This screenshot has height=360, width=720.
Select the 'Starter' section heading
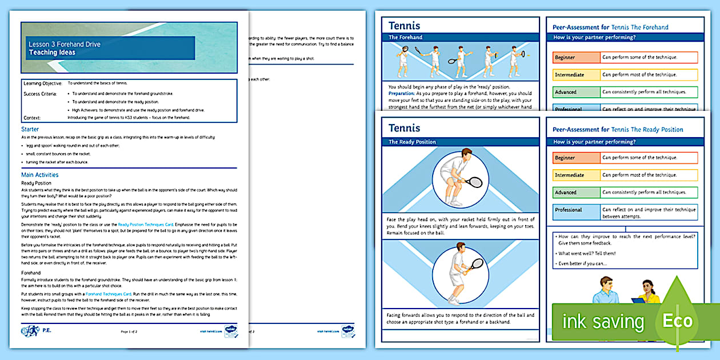(x=30, y=129)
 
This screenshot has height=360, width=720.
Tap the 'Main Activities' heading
(x=39, y=175)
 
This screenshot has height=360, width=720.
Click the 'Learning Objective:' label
(x=43, y=83)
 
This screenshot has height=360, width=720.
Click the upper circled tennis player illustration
(x=461, y=178)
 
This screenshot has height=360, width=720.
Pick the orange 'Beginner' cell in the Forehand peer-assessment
(x=576, y=58)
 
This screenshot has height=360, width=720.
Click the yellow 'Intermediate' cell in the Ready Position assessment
(x=576, y=175)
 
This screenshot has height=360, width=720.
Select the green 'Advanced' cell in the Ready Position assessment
(x=576, y=193)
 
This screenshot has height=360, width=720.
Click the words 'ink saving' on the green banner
(x=603, y=322)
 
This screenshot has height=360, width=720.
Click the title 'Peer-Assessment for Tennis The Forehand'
(x=610, y=27)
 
